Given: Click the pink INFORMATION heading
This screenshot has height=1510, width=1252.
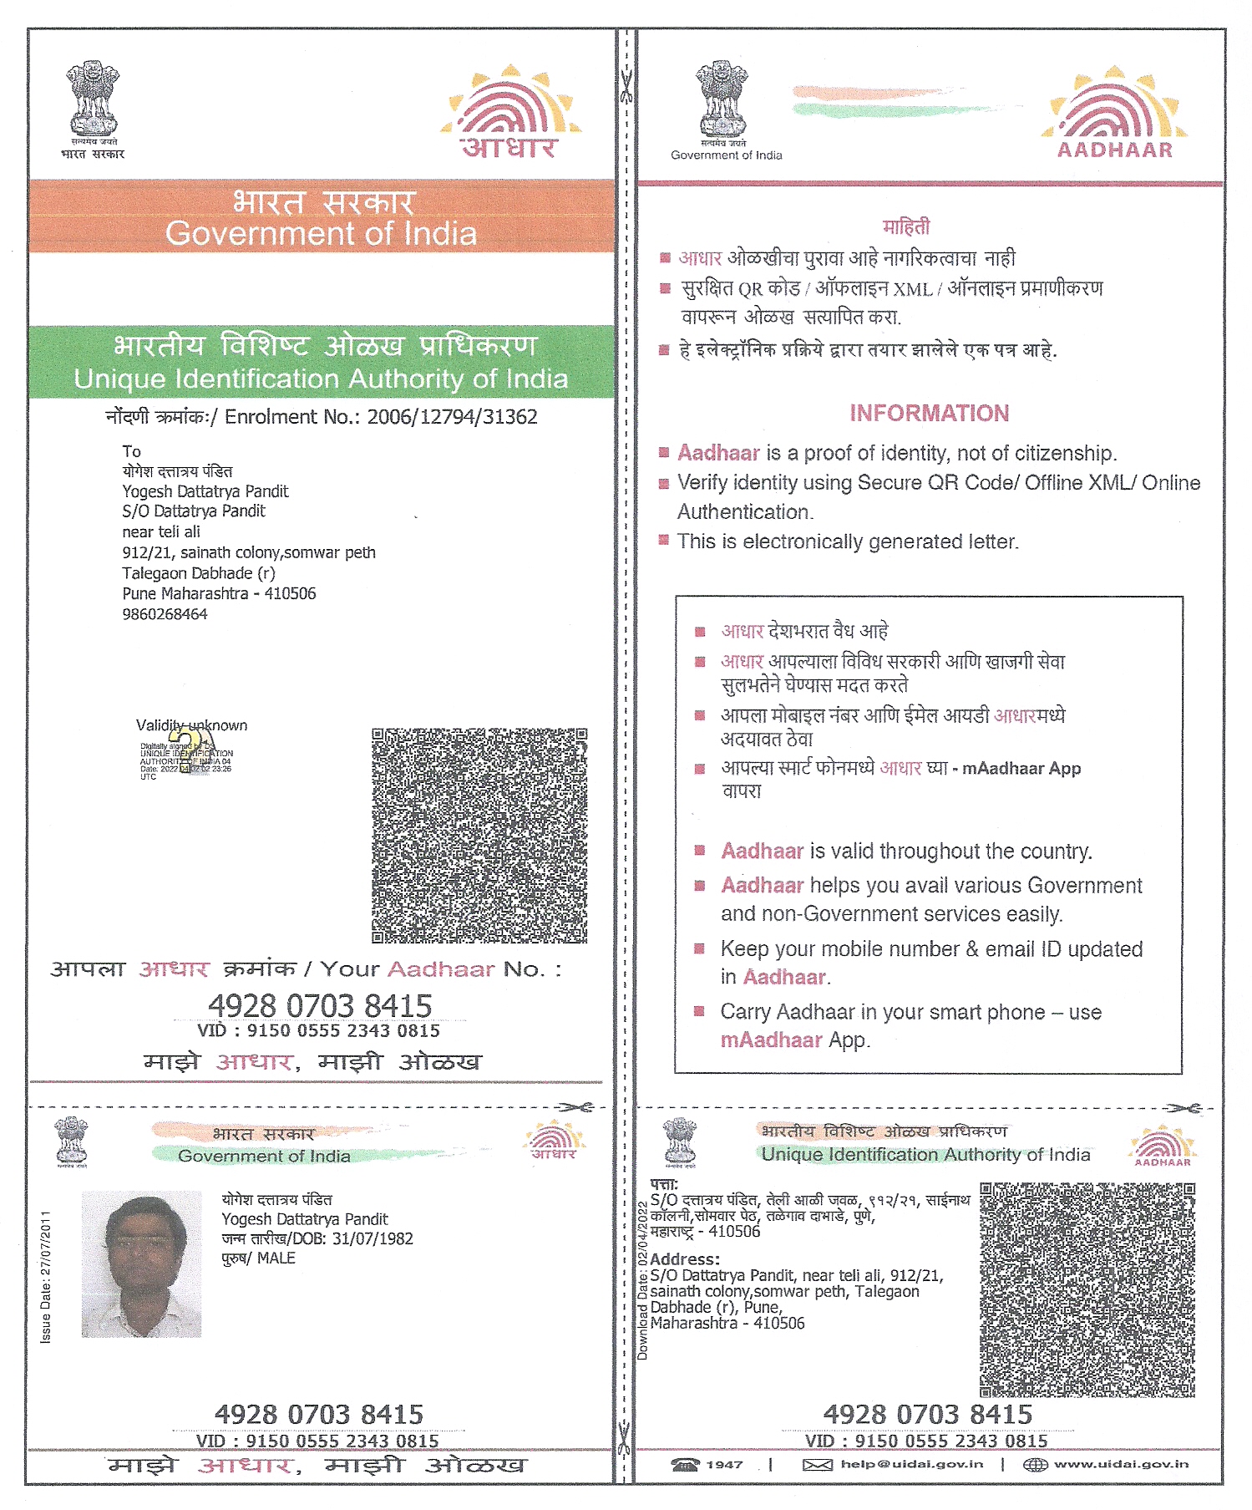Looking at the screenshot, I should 929,413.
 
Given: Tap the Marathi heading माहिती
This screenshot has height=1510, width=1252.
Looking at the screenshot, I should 905,226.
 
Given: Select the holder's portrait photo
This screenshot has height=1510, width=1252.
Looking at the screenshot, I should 141,1263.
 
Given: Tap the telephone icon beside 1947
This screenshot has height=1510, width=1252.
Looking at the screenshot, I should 685,1464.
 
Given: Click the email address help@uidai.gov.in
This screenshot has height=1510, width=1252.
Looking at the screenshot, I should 911,1464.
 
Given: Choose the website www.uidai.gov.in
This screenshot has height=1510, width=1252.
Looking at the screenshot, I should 1120,1464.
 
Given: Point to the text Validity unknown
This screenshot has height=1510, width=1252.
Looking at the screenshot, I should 191,725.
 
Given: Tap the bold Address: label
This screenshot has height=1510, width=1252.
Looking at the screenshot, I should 684,1259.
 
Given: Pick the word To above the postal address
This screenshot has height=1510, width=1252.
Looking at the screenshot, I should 132,451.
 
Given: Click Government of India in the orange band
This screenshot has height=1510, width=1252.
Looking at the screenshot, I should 321,234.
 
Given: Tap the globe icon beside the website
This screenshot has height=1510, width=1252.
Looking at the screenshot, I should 1034,1464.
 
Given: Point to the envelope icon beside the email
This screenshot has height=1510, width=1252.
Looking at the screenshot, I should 817,1464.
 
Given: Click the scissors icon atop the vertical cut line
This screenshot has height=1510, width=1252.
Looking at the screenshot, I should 626,86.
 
